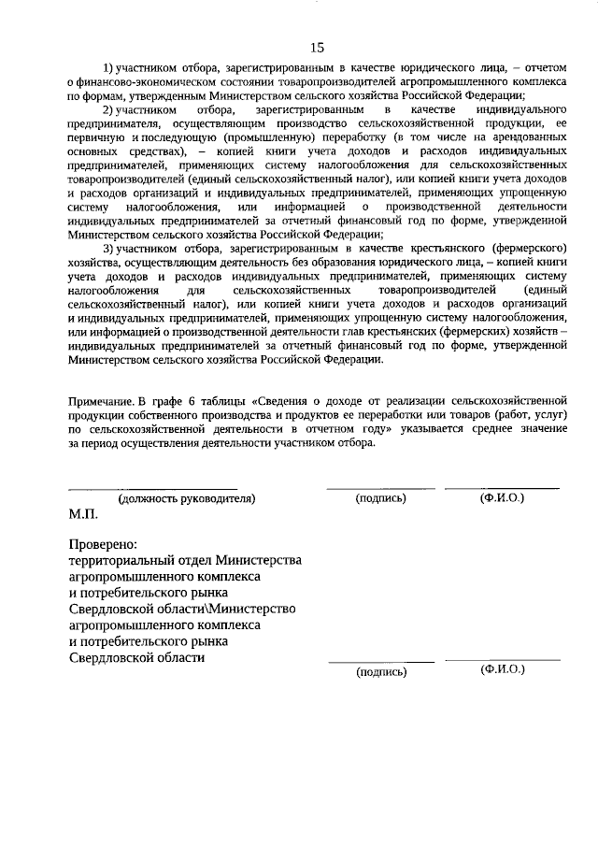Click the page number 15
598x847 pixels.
pos(317,47)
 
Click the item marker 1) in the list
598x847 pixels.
pos(108,68)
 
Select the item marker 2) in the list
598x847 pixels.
pos(108,109)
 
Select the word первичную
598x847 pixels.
pos(96,136)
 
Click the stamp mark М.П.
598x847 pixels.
pos(83,513)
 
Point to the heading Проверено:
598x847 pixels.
pos(104,543)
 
